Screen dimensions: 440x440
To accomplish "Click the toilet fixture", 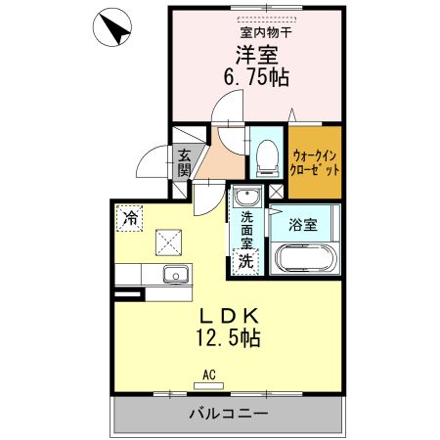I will point(265,156).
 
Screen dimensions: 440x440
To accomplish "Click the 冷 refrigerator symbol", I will point(129,217).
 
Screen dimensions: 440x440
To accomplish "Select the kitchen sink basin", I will point(174,274).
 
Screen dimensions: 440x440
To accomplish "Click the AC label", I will point(209,374).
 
